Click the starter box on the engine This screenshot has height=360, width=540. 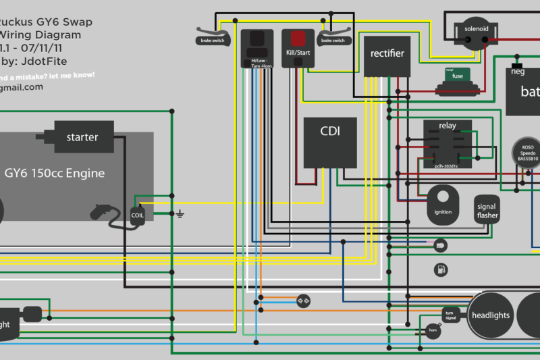click(x=82, y=137)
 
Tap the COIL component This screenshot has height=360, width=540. click(x=138, y=216)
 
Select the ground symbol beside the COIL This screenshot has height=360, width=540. click(x=180, y=215)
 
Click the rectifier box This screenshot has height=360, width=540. click(x=387, y=53)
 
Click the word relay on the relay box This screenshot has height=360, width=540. click(x=447, y=126)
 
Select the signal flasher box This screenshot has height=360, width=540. click(x=487, y=212)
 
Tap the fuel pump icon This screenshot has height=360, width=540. click(x=441, y=269)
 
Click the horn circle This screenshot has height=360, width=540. click(x=433, y=329)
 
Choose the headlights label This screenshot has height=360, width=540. click(x=491, y=315)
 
